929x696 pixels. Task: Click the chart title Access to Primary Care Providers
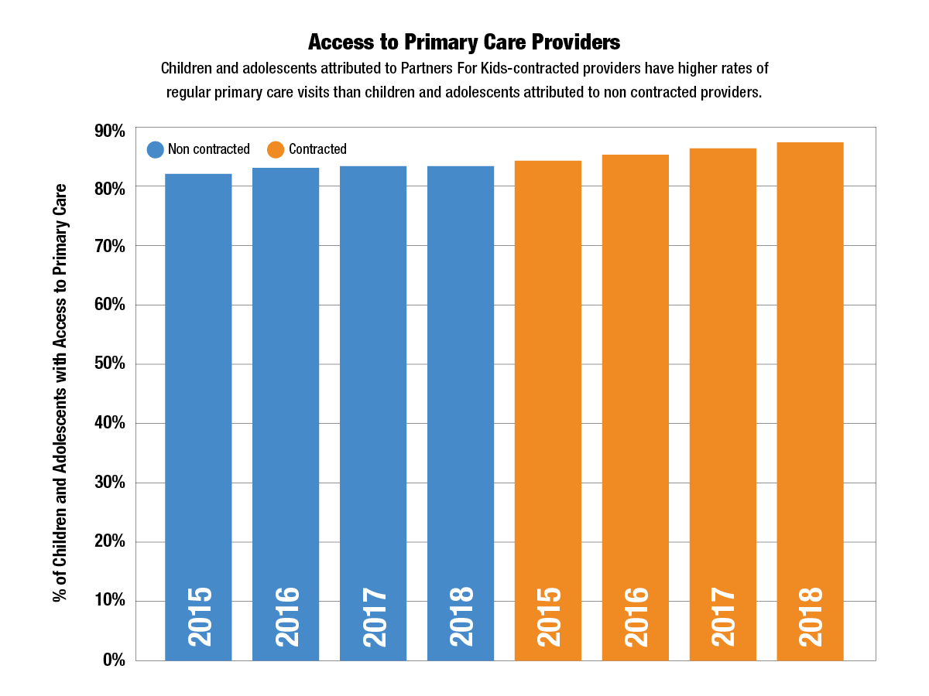(x=464, y=41)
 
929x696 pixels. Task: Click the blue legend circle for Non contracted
(x=156, y=149)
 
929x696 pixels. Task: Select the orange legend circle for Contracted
(x=276, y=149)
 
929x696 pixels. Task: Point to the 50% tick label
(x=109, y=364)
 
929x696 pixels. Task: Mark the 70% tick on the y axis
(x=109, y=247)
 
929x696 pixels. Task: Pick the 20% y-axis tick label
(x=109, y=542)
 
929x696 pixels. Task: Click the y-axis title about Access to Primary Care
(x=60, y=393)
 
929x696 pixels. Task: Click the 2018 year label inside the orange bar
(x=811, y=617)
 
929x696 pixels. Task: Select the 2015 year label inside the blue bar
(x=199, y=617)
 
